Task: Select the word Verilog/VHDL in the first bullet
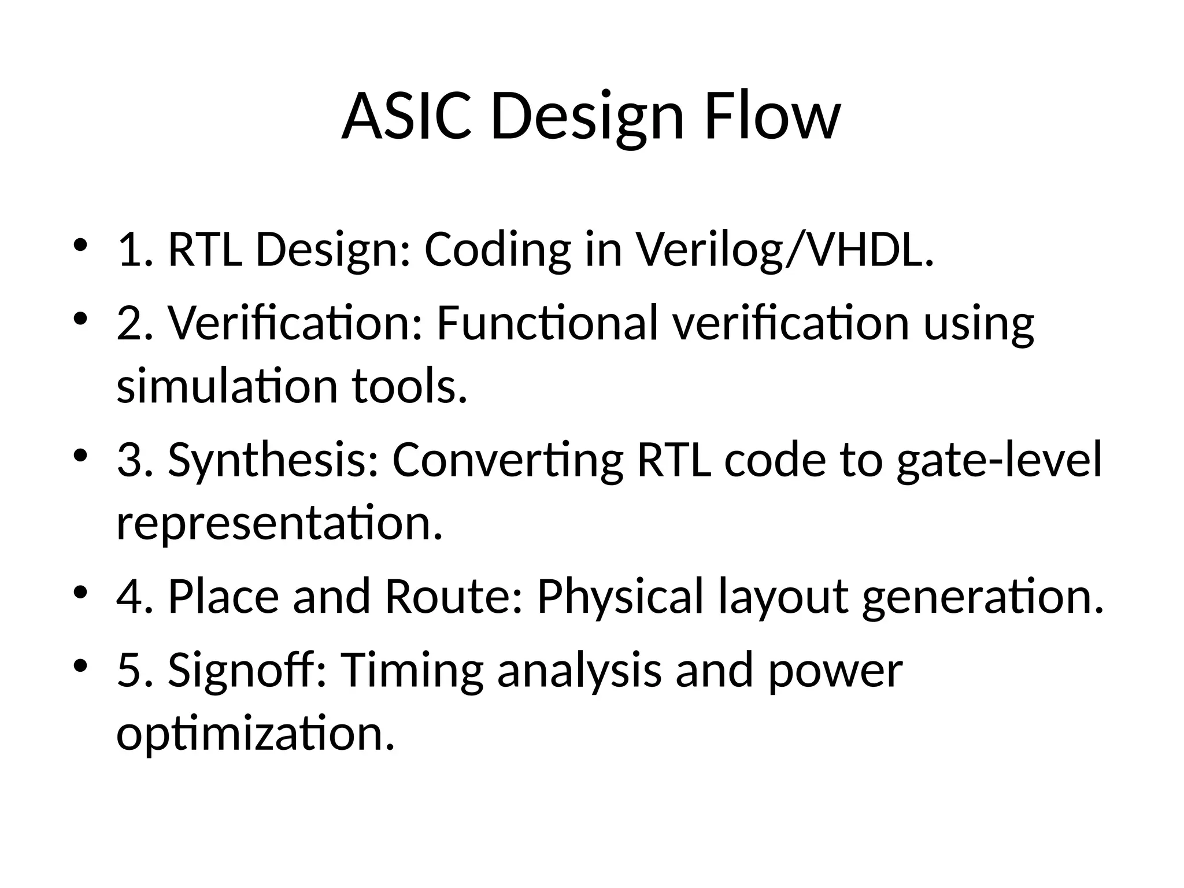785,250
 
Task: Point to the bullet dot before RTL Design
80,245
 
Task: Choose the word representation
279,523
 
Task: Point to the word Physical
620,597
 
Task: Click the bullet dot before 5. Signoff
80,665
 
